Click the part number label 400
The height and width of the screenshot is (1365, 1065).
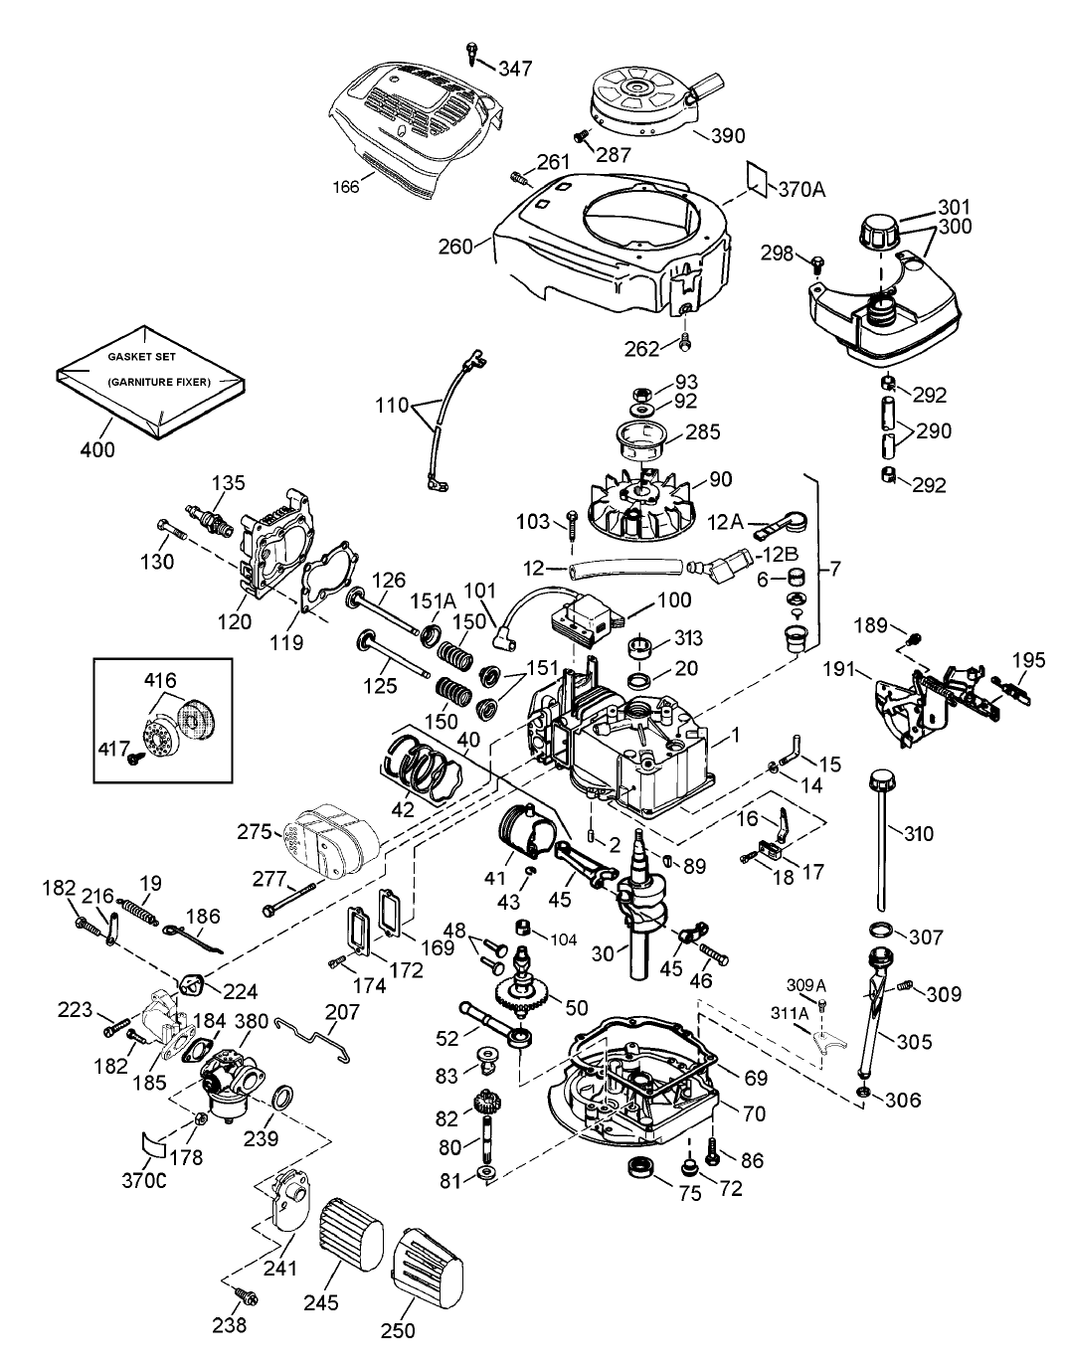(x=97, y=449)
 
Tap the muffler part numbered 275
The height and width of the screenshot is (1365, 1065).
(x=327, y=832)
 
